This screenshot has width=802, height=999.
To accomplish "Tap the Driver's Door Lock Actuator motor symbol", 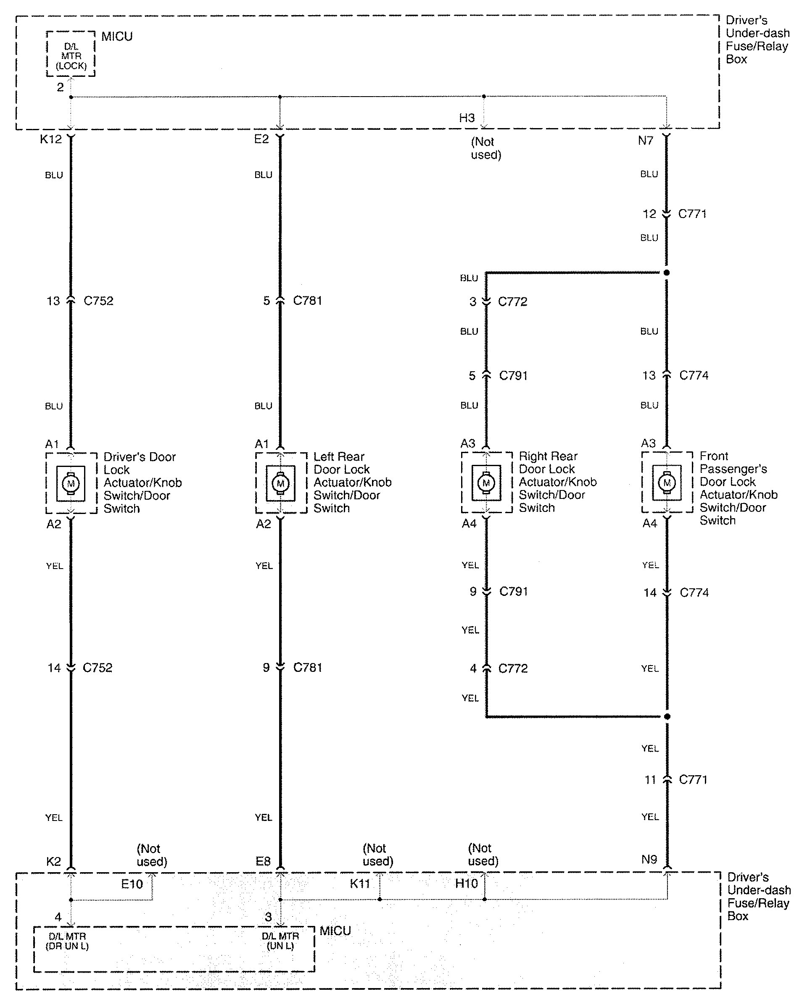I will point(71,484).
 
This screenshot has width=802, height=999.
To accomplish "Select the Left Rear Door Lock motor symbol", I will point(280,484).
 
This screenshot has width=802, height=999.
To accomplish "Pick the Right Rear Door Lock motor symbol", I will point(486,483).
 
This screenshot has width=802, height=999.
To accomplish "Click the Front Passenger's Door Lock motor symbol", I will point(667,483).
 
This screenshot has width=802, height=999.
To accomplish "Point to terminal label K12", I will point(50,139).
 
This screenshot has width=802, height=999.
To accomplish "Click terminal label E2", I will point(261,139).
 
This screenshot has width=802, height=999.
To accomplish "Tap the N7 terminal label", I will point(645,140).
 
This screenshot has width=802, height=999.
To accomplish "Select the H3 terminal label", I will point(467,118).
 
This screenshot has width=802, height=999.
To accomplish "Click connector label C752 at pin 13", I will point(98,301).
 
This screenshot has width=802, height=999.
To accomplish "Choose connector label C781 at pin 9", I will point(308,667).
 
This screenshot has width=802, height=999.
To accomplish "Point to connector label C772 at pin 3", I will point(512,302).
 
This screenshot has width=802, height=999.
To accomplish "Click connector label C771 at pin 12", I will point(692,214).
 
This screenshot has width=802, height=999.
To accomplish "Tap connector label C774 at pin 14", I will point(694,592).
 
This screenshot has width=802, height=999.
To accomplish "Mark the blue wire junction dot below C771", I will point(667,273).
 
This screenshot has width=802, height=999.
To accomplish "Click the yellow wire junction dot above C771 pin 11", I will point(667,716).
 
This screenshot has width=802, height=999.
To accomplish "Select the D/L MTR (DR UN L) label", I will point(67,941).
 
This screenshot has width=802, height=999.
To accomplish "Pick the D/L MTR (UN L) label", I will point(280,941).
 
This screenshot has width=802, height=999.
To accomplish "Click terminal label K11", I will point(359,884).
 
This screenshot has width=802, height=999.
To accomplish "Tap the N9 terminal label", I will point(649,860).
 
